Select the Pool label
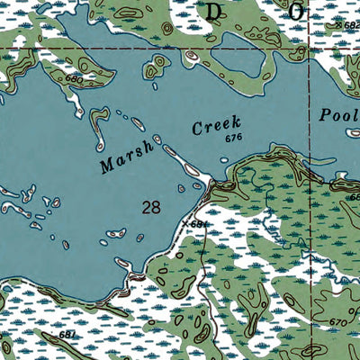pyautogui.click(x=338, y=114)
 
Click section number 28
pyautogui.click(x=151, y=207)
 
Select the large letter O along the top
pyautogui.click(x=293, y=11)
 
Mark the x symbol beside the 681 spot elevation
pyautogui.click(x=185, y=222)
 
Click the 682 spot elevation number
pyautogui.click(x=351, y=27)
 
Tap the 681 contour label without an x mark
pyautogui.click(x=68, y=335)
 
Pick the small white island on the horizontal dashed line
pyautogui.click(x=191, y=57)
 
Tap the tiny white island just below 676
pyautogui.click(x=224, y=159)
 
